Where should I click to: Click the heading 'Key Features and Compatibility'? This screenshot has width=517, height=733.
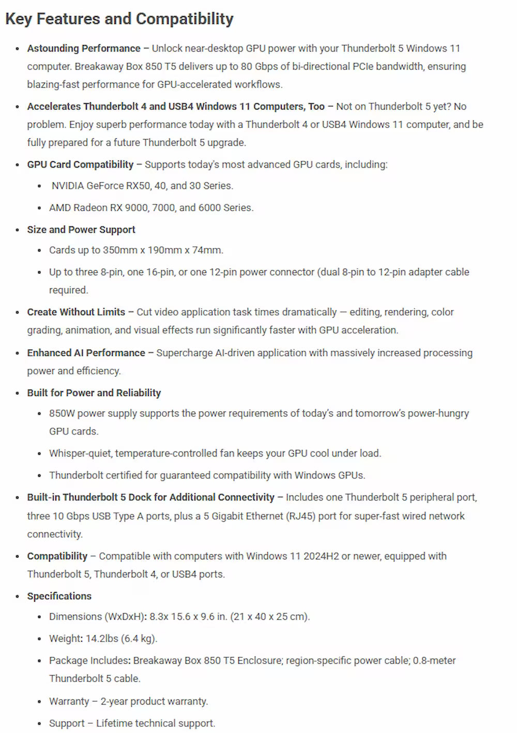[x=119, y=19]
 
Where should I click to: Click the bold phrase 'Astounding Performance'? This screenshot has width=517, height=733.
[x=84, y=49]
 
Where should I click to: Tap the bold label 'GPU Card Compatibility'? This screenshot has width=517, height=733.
[x=80, y=165]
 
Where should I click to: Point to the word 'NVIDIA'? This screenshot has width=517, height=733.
[x=67, y=186]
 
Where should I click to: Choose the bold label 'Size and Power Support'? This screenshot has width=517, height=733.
[x=81, y=230]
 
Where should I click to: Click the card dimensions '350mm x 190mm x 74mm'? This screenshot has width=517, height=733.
[x=162, y=251]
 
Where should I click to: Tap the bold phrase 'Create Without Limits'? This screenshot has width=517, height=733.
[x=76, y=313]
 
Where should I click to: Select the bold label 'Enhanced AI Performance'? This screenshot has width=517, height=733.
[x=86, y=353]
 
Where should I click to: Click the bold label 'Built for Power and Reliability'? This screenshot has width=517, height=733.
[x=94, y=393]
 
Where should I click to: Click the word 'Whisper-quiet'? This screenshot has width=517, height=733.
[x=80, y=454]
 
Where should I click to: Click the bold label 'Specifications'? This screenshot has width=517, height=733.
[x=59, y=596]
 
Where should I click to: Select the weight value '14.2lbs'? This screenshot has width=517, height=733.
[x=102, y=639]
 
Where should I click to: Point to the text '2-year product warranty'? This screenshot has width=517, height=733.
[x=154, y=701]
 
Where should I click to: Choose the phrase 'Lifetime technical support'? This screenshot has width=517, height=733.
[x=155, y=724]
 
